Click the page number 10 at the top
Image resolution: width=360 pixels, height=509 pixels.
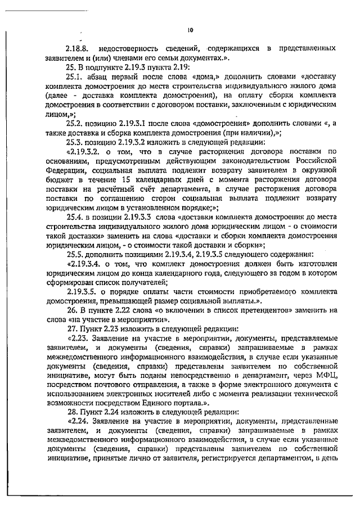(190, 30)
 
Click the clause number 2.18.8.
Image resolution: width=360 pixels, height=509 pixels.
(77, 49)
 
